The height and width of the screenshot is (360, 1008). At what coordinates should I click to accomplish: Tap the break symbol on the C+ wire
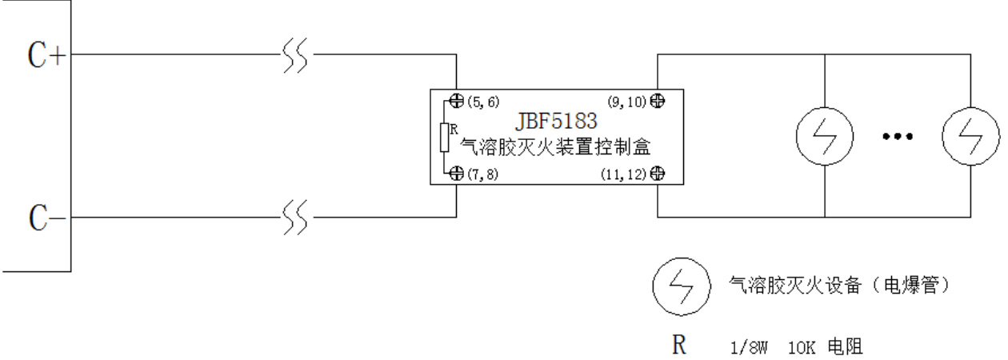click(x=298, y=56)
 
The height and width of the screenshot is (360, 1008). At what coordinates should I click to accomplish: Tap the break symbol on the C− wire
click(x=298, y=217)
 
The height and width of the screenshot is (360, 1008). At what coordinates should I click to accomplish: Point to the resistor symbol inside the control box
click(x=446, y=138)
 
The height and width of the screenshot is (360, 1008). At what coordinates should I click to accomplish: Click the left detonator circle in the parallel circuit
click(x=824, y=136)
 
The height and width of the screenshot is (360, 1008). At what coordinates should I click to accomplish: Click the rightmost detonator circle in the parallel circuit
click(x=970, y=136)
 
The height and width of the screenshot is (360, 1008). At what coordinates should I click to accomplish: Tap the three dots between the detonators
click(x=897, y=137)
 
